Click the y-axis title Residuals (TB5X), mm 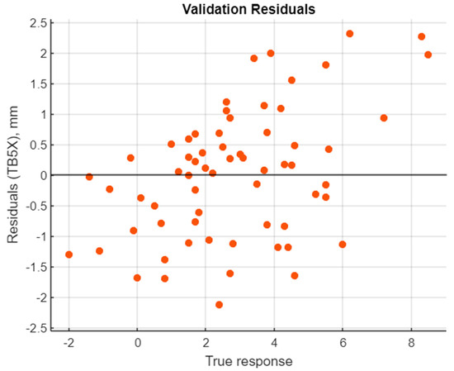click(11, 174)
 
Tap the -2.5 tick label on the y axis click(33, 328)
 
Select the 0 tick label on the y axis click(40, 175)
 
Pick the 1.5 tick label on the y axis click(35, 83)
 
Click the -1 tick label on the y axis click(38, 236)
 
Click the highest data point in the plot click(349, 34)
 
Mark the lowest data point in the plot click(219, 305)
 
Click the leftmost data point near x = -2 click(69, 254)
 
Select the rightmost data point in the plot click(428, 55)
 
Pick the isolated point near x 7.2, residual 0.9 click(384, 118)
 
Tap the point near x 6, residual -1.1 click(343, 245)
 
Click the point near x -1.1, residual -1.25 click(99, 251)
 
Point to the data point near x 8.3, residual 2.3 click(421, 36)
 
